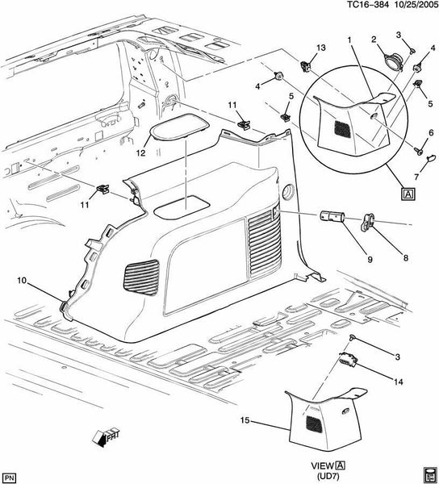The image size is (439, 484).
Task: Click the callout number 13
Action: click(320, 48)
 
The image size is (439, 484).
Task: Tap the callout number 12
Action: click(140, 152)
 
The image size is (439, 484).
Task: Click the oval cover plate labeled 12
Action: click(178, 127)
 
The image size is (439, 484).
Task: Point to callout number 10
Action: click(23, 281)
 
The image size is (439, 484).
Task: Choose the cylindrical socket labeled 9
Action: click(332, 216)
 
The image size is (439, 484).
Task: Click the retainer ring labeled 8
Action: click(367, 222)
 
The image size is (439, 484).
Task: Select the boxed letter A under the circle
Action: click(408, 194)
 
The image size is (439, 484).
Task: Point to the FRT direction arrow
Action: click(106, 437)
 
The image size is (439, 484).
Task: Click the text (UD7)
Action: click(328, 476)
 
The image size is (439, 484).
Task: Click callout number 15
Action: click(245, 420)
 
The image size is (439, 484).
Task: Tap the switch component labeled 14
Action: click(348, 360)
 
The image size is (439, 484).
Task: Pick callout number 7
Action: click(416, 177)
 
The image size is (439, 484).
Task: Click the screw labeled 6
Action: click(419, 152)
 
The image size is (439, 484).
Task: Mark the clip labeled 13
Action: click(306, 66)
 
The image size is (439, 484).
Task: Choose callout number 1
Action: click(349, 40)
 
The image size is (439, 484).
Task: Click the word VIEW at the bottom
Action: click(322, 465)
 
